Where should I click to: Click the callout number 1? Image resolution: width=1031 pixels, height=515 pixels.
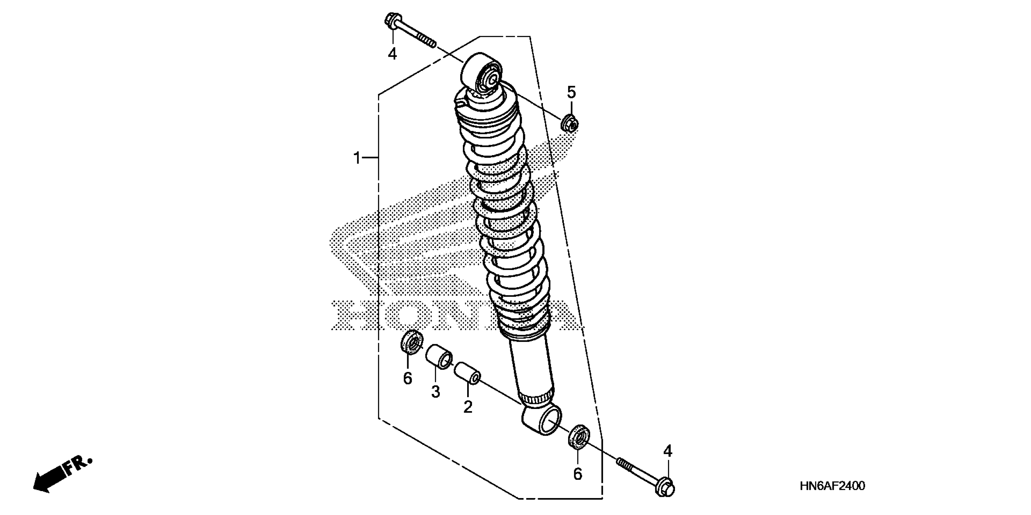357,158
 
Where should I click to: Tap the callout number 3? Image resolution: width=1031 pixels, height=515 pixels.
435,391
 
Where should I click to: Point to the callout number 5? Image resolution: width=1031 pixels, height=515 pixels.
571,92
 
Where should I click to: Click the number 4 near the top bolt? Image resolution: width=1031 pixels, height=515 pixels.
392,54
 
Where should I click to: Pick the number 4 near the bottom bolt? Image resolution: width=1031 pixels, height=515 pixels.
667,451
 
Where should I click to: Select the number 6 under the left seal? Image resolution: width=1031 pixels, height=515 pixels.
407,378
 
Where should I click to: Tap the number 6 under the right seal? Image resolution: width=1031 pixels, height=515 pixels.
577,474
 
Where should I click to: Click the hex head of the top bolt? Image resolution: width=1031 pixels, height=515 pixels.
391,20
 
